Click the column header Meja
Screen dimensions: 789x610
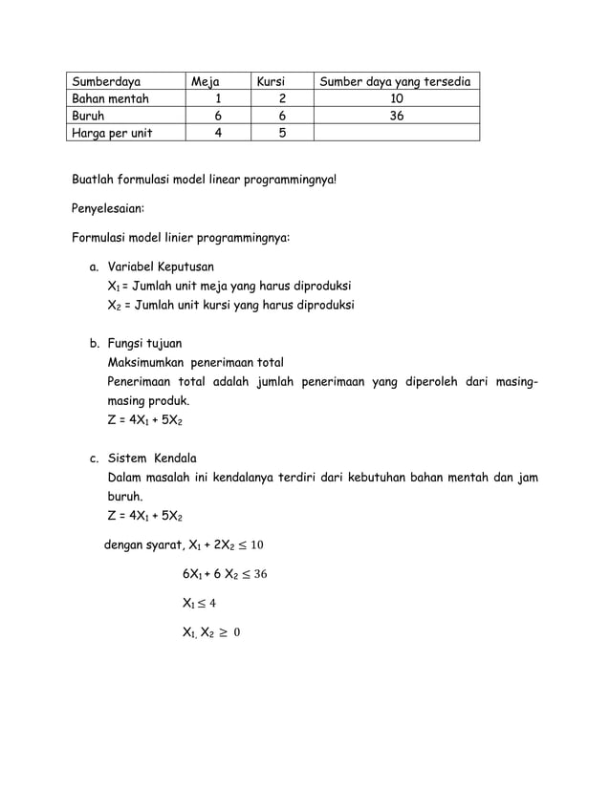[x=205, y=82]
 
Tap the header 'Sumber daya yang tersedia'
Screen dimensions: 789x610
[x=395, y=82]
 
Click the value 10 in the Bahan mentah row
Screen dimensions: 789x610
[x=396, y=99]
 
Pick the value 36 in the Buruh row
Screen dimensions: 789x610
[x=396, y=117]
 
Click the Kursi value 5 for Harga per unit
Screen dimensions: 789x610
[x=281, y=134]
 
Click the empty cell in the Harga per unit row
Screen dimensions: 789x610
[x=396, y=134]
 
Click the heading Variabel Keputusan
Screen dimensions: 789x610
[x=161, y=267]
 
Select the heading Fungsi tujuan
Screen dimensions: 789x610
[x=144, y=343]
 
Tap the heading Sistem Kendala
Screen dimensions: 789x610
[x=152, y=458]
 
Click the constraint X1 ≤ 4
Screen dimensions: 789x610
[x=199, y=603]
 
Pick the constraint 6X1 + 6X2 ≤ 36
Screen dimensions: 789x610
[x=224, y=574]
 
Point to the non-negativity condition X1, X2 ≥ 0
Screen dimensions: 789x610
[x=211, y=631]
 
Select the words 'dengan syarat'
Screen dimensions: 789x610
[x=142, y=545]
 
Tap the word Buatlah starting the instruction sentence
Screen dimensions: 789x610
[x=97, y=179]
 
